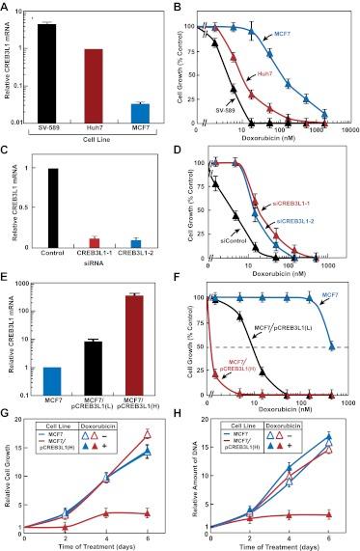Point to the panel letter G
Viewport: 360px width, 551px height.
pyautogui.click(x=8, y=416)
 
